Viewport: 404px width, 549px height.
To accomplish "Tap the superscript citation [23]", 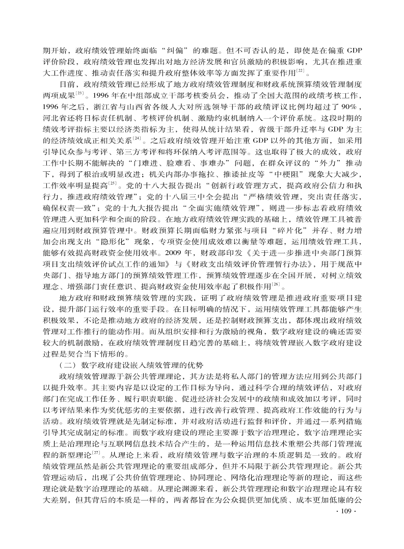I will click(x=79, y=93).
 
